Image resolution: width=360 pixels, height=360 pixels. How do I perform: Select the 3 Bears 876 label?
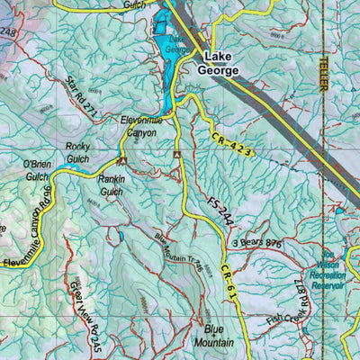[x=257, y=242]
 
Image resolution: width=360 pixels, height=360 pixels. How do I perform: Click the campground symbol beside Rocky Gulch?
[x=121, y=162]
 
